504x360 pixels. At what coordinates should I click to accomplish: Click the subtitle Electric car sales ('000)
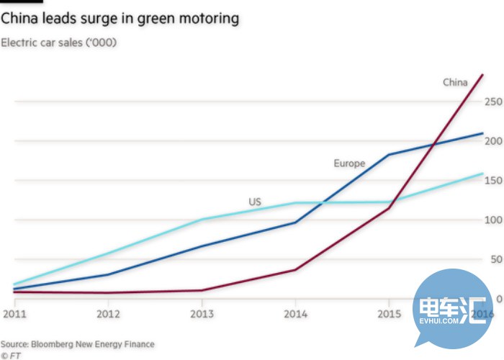(59, 42)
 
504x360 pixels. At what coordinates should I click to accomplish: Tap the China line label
(455, 82)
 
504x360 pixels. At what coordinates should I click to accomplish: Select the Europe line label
(349, 163)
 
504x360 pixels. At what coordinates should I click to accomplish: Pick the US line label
(255, 202)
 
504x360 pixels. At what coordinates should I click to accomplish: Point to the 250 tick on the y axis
(493, 102)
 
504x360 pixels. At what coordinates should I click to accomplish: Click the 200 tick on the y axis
(493, 141)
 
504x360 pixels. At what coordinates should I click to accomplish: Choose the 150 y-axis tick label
(493, 181)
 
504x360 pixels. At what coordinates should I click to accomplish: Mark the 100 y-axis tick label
(493, 220)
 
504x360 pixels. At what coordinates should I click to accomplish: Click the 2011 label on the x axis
(14, 314)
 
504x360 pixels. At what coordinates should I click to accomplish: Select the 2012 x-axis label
(108, 314)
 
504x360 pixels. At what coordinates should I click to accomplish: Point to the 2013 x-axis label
(202, 314)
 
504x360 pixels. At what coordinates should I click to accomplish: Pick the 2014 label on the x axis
(295, 314)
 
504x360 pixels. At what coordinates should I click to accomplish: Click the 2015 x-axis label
(389, 314)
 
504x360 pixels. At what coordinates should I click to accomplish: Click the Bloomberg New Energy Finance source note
(78, 344)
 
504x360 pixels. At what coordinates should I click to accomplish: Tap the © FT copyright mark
(11, 356)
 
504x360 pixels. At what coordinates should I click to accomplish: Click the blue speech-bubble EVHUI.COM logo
(452, 310)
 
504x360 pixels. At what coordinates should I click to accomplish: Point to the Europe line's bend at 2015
(389, 154)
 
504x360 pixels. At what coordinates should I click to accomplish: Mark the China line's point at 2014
(295, 270)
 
